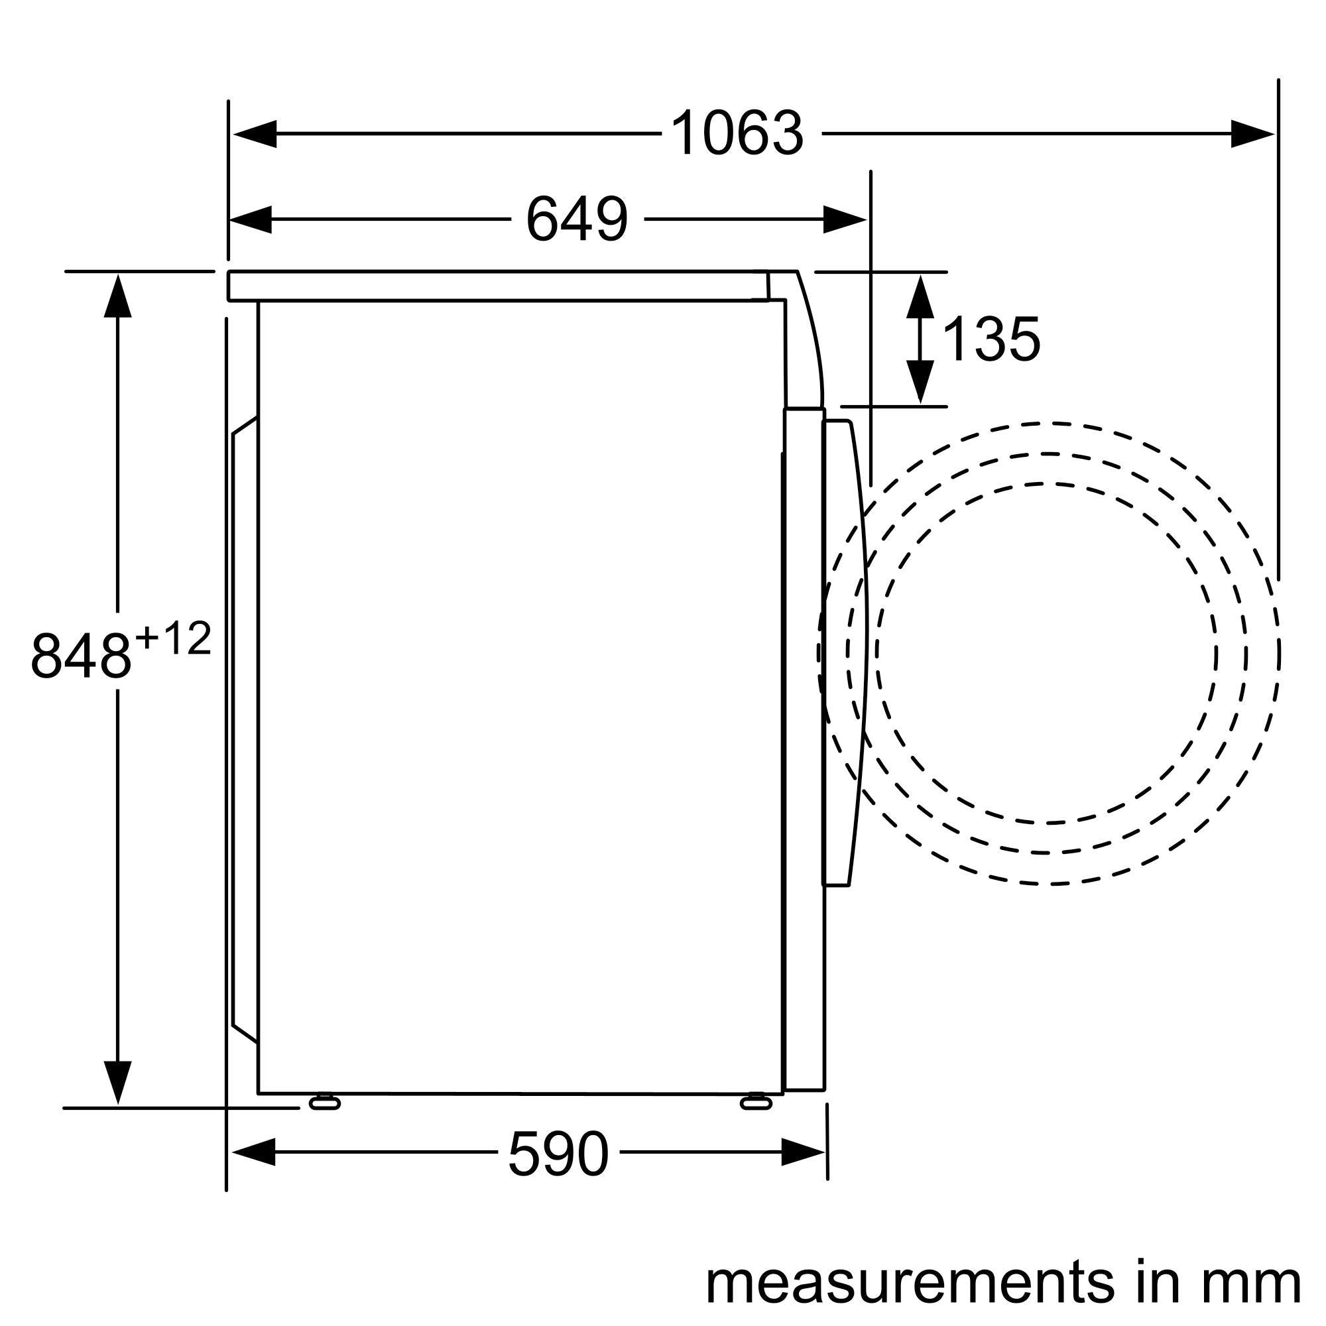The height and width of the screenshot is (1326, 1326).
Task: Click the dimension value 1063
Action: pos(737,134)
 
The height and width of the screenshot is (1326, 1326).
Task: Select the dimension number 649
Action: pos(577,219)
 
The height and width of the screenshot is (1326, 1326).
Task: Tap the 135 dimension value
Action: pos(991,339)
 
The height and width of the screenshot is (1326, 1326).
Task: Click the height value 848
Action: pos(81,657)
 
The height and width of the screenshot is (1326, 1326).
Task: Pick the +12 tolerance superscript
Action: pos(173,640)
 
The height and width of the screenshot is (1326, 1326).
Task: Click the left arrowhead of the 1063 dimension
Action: pos(254,134)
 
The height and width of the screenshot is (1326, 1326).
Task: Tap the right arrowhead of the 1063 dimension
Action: pos(1252,134)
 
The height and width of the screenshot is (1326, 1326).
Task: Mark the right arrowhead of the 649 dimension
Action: pos(844,219)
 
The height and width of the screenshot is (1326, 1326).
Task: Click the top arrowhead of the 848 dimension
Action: pos(118,295)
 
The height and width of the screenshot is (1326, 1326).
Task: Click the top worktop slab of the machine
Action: pos(494,286)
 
